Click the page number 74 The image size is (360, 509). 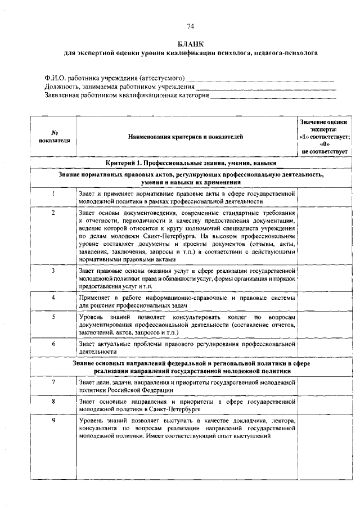190,26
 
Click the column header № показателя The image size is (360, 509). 55,137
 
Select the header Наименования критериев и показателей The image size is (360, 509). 185,137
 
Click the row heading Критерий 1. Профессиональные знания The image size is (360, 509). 191,163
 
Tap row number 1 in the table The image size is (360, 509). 53,193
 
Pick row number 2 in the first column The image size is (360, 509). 53,213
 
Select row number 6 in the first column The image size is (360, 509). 53,343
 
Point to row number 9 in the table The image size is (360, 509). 53,420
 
